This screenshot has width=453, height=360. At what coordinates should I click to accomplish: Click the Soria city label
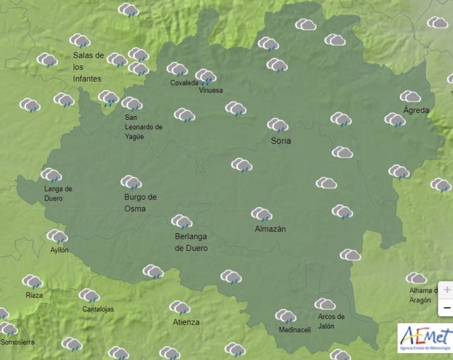280,141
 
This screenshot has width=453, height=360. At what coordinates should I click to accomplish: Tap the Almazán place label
270,229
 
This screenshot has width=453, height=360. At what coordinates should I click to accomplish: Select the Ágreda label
416,110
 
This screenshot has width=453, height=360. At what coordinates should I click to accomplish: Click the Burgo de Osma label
140,203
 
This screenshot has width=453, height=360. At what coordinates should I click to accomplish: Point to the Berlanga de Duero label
191,242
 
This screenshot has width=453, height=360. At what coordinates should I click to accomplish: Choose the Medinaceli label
295,330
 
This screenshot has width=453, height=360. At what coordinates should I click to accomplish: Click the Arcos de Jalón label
331,321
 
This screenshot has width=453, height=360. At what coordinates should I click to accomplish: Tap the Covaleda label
184,83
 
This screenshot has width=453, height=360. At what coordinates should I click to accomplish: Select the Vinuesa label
211,91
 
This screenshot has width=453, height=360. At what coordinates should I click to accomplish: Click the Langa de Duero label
58,193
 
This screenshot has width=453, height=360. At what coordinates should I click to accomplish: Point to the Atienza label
186,322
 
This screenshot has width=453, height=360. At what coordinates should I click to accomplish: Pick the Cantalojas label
98,309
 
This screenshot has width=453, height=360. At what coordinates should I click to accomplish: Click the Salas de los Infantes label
88,67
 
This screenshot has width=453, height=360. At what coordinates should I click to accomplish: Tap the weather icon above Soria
277,125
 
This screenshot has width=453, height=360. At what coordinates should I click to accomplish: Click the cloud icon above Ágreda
410,97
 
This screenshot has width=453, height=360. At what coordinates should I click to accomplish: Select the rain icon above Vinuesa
206,77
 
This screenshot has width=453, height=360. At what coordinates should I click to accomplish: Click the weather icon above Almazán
261,214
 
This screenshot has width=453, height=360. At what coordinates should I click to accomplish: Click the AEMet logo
425,338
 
